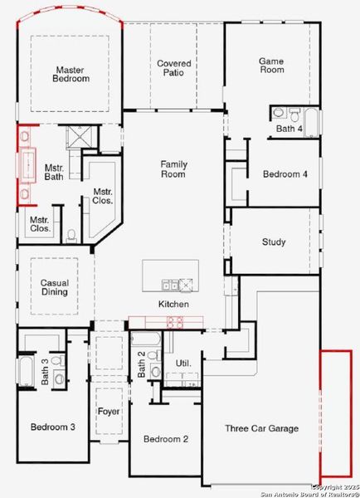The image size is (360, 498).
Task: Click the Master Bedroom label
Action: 72,74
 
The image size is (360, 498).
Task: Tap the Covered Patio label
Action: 174,68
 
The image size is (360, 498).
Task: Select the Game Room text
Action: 271,65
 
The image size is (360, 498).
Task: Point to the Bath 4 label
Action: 289,129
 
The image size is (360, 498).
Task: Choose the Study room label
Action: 274,242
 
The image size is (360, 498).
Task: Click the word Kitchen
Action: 173,305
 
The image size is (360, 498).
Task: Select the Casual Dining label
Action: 55,287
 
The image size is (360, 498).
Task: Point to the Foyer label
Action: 109,411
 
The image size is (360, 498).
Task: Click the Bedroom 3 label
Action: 53,427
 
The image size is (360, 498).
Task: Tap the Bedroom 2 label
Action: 165,439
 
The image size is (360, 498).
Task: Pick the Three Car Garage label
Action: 261,428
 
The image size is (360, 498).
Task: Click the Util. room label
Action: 183,364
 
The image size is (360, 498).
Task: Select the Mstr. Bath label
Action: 54,172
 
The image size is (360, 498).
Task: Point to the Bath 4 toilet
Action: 279,113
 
